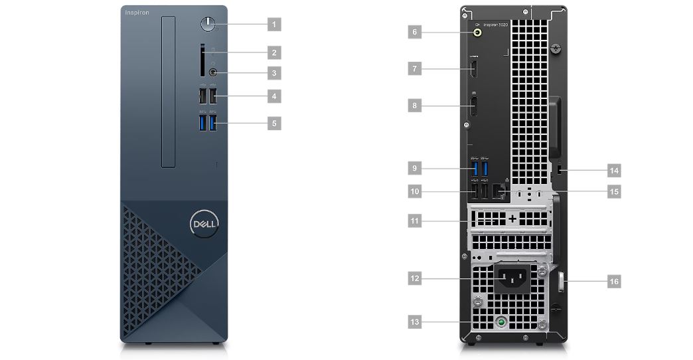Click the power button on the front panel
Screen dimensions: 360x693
point(208,24)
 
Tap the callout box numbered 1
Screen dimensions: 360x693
point(273,24)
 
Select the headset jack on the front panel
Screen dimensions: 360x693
point(213,71)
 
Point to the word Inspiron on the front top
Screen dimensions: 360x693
point(137,13)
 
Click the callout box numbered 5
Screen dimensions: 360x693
point(273,123)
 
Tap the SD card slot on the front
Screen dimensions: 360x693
point(202,60)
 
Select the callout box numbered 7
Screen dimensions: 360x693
point(414,68)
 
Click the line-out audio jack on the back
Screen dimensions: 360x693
point(478,31)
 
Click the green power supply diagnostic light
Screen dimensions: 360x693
point(502,322)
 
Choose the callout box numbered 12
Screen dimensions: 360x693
point(414,279)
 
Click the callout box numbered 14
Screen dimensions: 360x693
point(614,171)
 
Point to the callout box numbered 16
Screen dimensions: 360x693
point(614,282)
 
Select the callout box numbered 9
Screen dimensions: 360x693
point(414,168)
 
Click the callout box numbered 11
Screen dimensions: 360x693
point(414,220)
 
